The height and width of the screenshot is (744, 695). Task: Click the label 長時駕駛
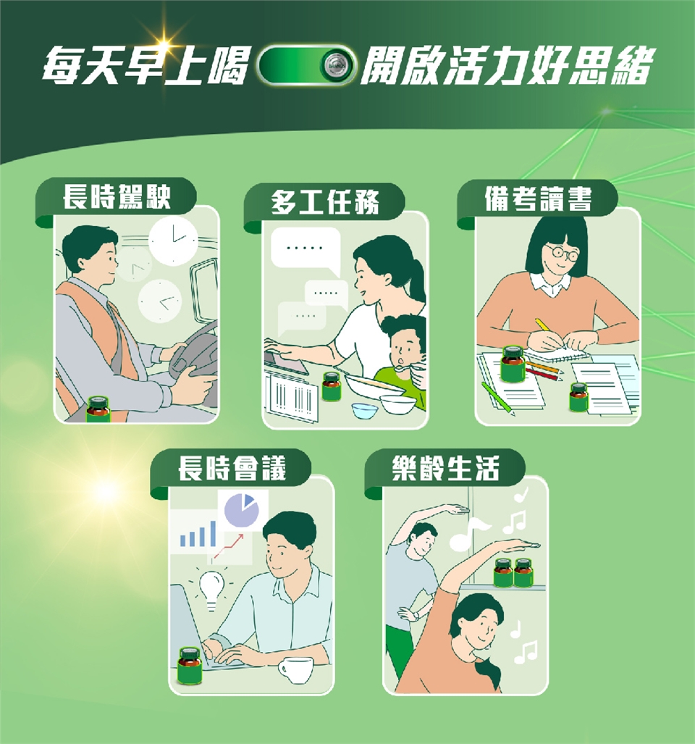pyautogui.click(x=117, y=197)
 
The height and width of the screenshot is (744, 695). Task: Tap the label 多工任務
pyautogui.click(x=325, y=203)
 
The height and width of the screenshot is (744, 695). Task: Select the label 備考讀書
pyautogui.click(x=538, y=198)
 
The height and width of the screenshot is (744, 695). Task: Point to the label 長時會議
pyautogui.click(x=232, y=468)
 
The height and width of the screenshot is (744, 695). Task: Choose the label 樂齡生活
pyautogui.click(x=446, y=468)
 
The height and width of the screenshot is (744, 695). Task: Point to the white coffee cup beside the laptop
pyautogui.click(x=295, y=670)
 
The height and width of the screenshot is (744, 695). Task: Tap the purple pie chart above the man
pyautogui.click(x=242, y=511)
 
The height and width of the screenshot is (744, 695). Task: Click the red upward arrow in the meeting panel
pyautogui.click(x=229, y=546)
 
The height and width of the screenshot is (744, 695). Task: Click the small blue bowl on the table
pyautogui.click(x=365, y=411)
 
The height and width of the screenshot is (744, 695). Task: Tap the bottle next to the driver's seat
pyautogui.click(x=98, y=409)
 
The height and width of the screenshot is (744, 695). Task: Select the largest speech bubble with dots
pyautogui.click(x=306, y=251)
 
